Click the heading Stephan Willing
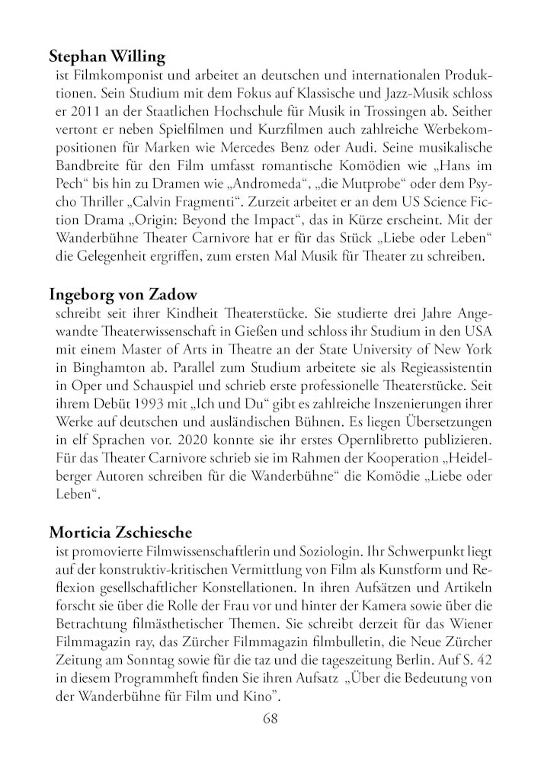(107, 56)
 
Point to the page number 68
(270, 719)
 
